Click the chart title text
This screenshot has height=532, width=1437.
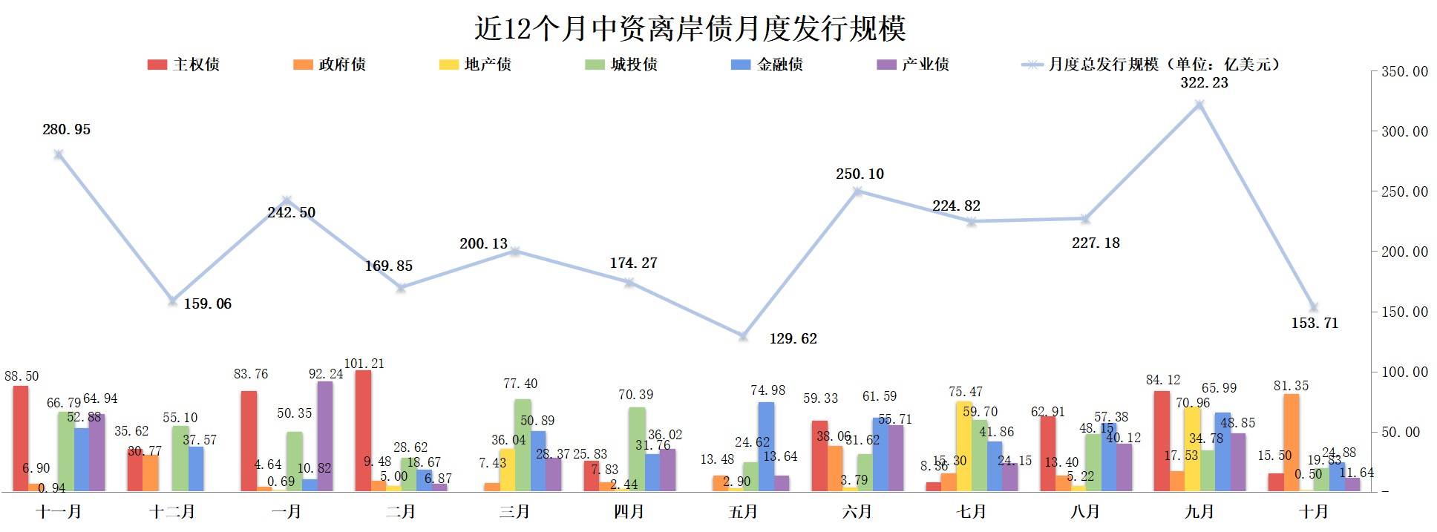pyautogui.click(x=690, y=29)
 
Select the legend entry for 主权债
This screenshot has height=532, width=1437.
pyautogui.click(x=184, y=65)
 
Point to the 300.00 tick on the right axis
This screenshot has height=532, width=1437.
pyautogui.click(x=1403, y=131)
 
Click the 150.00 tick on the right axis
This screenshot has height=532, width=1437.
pyautogui.click(x=1403, y=312)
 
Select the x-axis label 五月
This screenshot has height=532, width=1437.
pyautogui.click(x=743, y=512)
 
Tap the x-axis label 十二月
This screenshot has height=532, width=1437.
pyautogui.click(x=172, y=512)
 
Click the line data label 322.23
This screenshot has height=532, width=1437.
pyautogui.click(x=1204, y=83)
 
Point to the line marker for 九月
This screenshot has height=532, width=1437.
pyautogui.click(x=1199, y=105)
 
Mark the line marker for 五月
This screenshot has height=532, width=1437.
pyautogui.click(x=743, y=336)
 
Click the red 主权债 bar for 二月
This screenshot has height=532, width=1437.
pyautogui.click(x=363, y=430)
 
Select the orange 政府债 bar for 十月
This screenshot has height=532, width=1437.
pyautogui.click(x=1292, y=442)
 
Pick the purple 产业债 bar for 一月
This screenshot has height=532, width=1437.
pyautogui.click(x=325, y=436)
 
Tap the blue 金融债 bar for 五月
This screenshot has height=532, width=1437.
pyautogui.click(x=766, y=446)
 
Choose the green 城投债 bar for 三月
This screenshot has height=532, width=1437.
pyautogui.click(x=523, y=444)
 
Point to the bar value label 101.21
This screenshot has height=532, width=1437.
pyautogui.click(x=364, y=364)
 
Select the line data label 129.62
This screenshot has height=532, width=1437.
pyautogui.click(x=793, y=339)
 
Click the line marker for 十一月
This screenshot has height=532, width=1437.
pyautogui.click(x=59, y=154)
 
